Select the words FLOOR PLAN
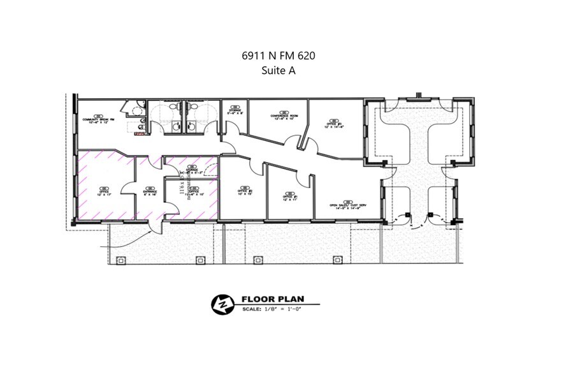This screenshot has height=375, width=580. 273,299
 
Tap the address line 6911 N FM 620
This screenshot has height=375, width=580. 278,56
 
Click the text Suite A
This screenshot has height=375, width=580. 278,71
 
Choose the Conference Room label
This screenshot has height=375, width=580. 282,115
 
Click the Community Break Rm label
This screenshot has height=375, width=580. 98,119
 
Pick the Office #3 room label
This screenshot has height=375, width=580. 335,123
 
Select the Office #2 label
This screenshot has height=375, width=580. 245,191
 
